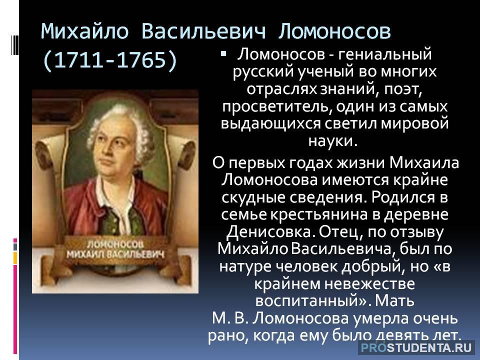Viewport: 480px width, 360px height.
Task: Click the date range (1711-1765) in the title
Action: click(109, 58)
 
